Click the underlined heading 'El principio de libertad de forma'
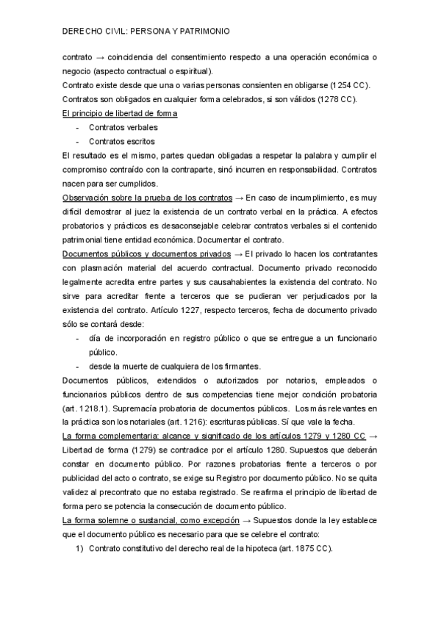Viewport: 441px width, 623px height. click(x=120, y=113)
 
